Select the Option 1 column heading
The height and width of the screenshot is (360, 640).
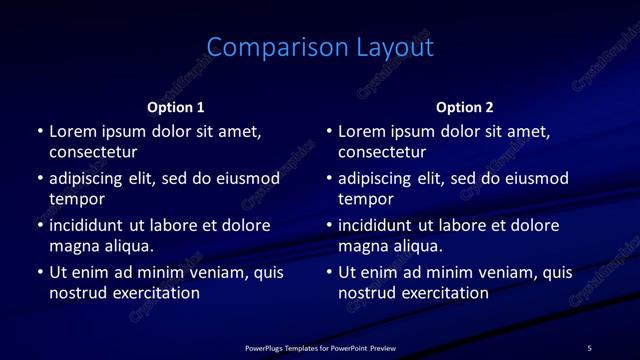click(x=176, y=107)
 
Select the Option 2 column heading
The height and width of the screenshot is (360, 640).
click(x=465, y=107)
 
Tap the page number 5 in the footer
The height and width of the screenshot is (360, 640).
click(x=589, y=348)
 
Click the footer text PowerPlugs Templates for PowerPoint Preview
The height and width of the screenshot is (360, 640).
click(x=320, y=348)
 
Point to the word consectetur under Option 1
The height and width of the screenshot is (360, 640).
click(x=93, y=152)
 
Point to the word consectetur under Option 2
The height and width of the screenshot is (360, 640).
click(x=382, y=152)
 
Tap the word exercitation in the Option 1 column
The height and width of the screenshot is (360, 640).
click(x=154, y=293)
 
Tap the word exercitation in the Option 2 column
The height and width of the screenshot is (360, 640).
click(x=443, y=293)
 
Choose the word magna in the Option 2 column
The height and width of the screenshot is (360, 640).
click(x=362, y=246)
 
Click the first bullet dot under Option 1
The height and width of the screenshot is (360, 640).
click(x=40, y=131)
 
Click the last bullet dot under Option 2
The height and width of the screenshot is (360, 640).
click(x=329, y=272)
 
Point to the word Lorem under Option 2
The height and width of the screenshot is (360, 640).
click(x=362, y=131)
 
